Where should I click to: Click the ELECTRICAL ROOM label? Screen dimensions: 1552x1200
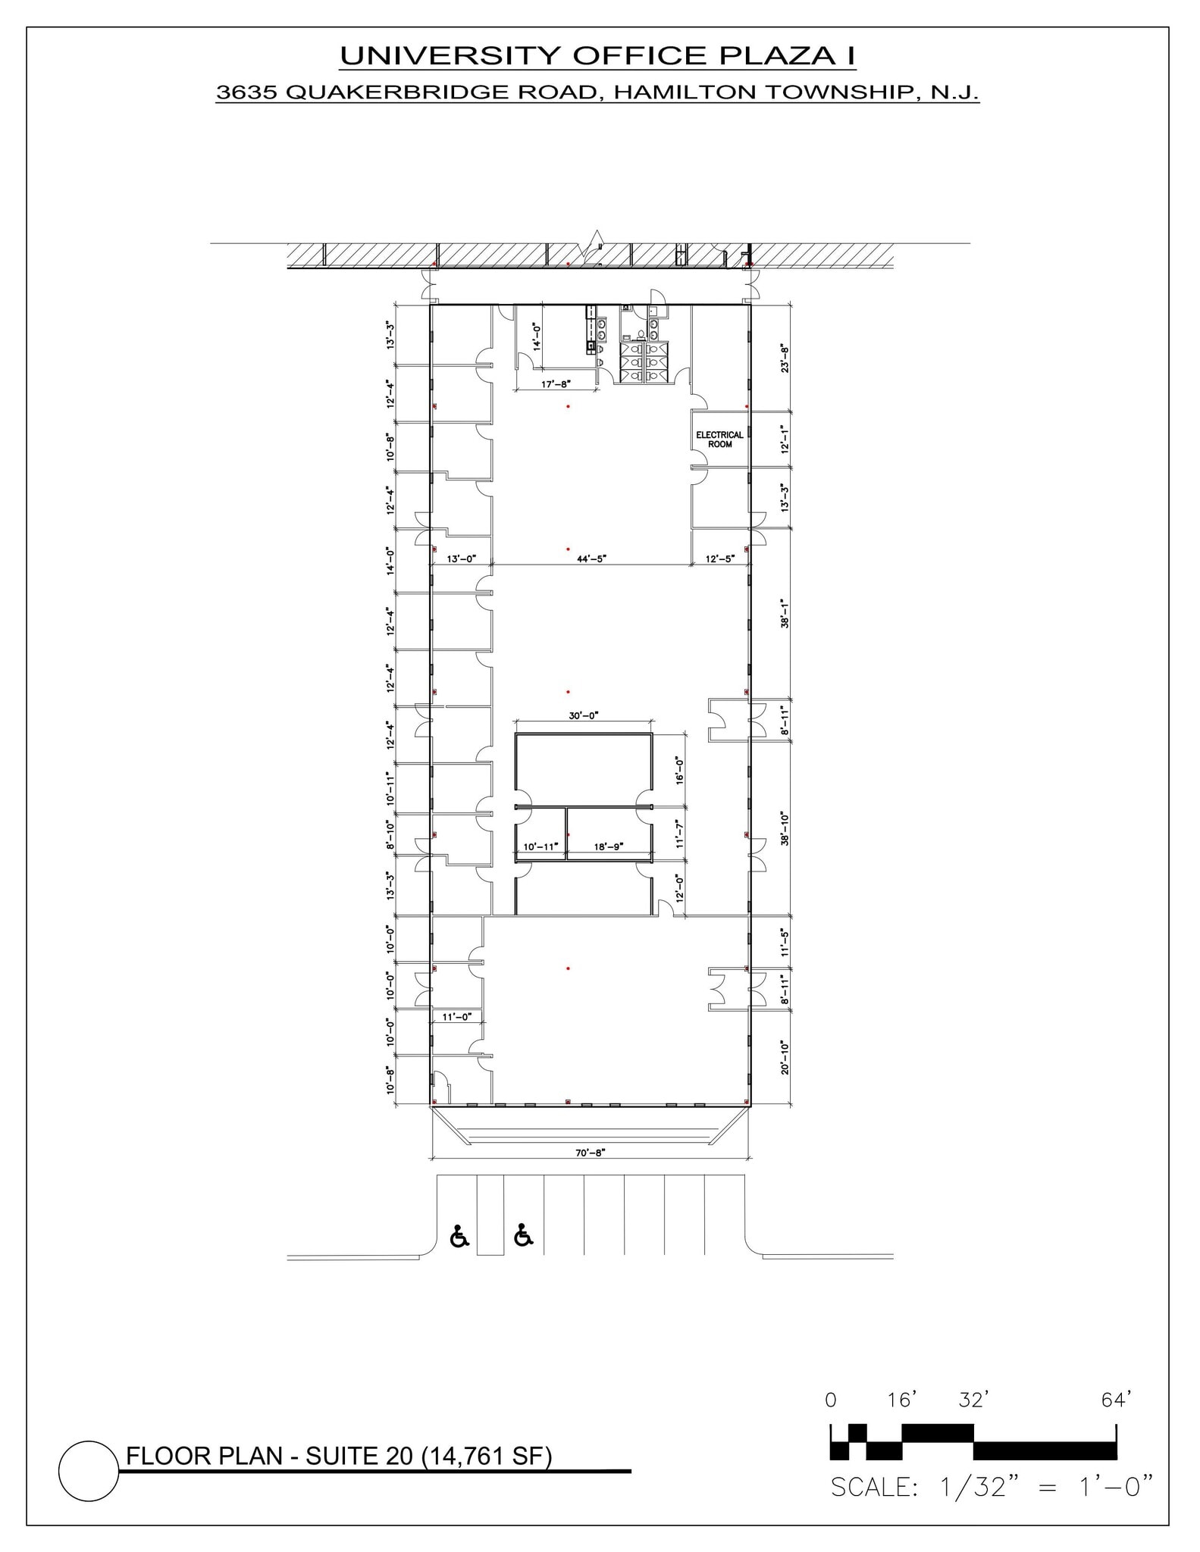tap(719, 440)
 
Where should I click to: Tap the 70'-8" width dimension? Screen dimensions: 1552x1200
tap(590, 1153)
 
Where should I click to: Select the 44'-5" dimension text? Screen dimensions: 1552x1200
tap(591, 559)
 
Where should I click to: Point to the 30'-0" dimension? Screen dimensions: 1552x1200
tap(583, 715)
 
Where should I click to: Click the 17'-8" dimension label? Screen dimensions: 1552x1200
tap(555, 384)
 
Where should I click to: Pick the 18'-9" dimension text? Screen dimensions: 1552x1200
tap(608, 846)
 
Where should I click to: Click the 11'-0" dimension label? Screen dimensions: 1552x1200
tap(456, 1017)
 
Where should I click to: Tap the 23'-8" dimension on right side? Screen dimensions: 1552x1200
tap(785, 358)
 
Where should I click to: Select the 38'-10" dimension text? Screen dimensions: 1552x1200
tap(785, 828)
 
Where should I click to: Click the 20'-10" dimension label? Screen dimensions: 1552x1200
tap(785, 1057)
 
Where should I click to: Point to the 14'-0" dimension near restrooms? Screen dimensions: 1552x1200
tap(537, 336)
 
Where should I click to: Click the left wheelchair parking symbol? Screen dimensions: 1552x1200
tap(459, 1236)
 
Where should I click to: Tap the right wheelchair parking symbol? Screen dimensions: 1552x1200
tap(523, 1234)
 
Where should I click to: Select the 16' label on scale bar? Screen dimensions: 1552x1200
tap(902, 1400)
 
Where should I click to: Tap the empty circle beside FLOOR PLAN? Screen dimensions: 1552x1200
tap(89, 1471)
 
